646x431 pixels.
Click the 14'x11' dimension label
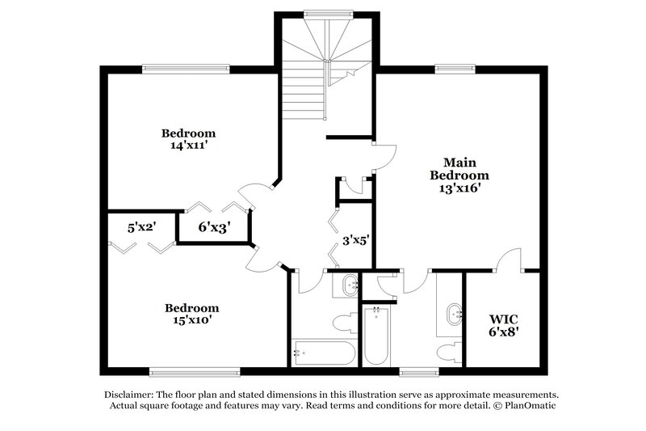tap(188, 146)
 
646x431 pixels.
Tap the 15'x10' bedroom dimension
tap(192, 320)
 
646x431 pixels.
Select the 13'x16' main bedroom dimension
tap(459, 188)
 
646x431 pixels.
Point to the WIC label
tap(502, 316)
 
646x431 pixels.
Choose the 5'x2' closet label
tap(141, 228)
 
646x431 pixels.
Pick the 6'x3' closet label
tap(214, 228)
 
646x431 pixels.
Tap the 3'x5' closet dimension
tap(354, 239)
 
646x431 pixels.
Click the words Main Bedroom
tap(459, 168)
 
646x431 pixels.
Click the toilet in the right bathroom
tap(447, 351)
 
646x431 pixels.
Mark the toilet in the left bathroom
tap(346, 323)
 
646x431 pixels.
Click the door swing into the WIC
tap(510, 260)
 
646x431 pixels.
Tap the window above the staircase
tap(327, 13)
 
